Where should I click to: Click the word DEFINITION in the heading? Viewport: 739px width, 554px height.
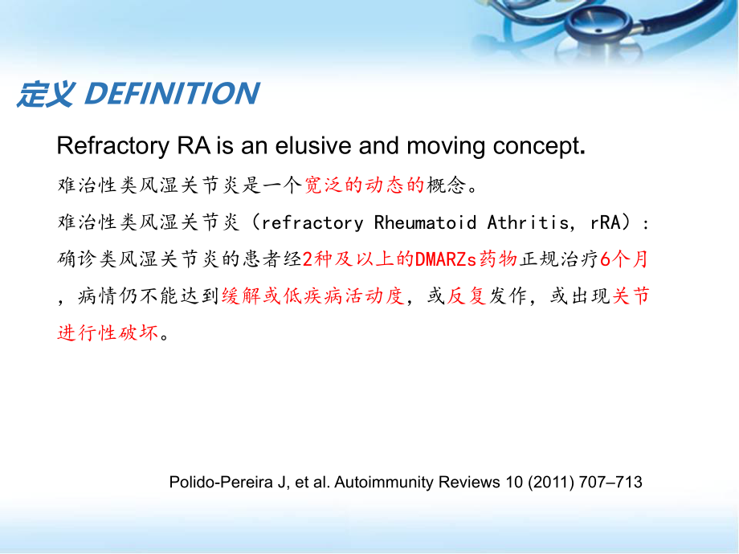pyautogui.click(x=172, y=94)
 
